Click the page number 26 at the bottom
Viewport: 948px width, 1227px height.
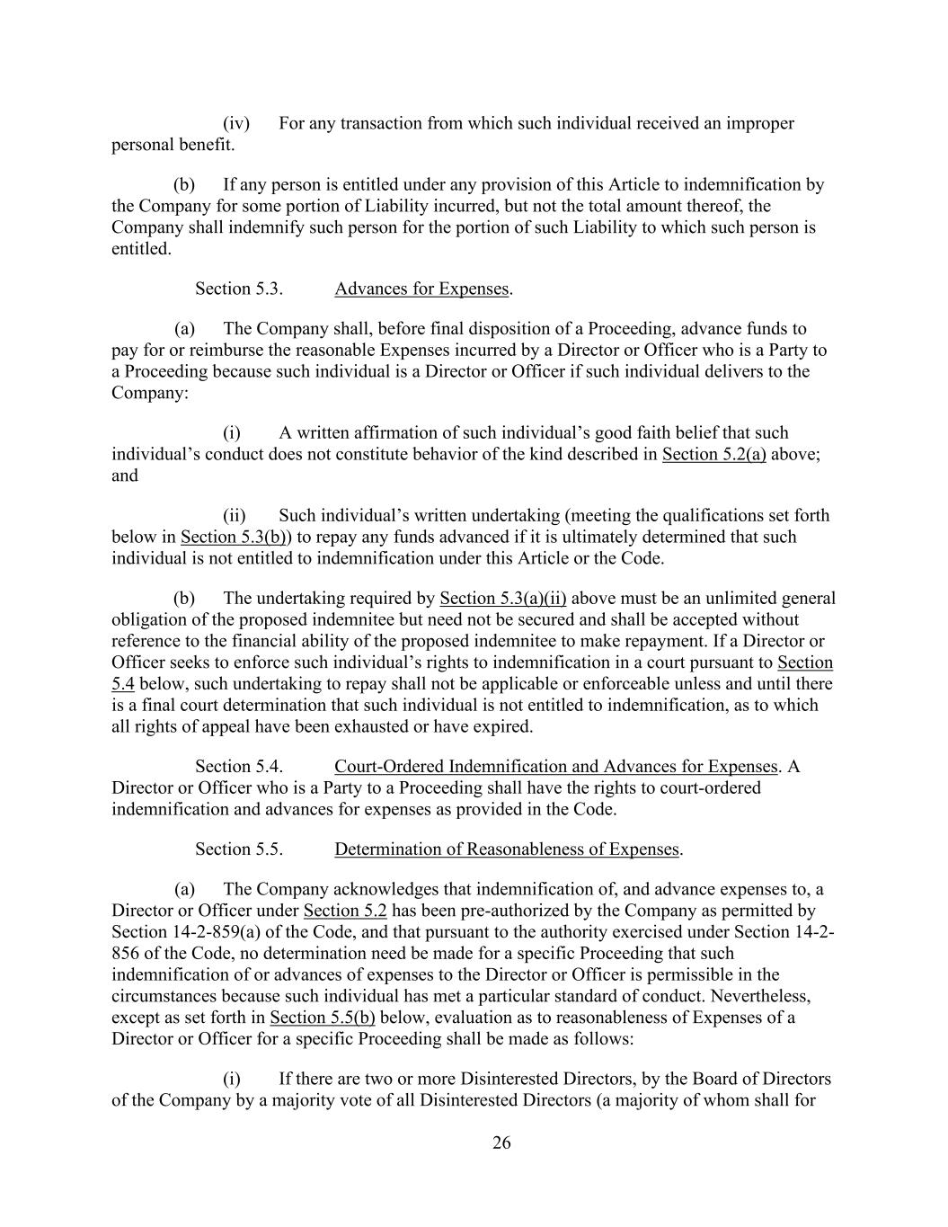pos(501,1143)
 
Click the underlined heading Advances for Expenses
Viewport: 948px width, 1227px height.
pos(421,289)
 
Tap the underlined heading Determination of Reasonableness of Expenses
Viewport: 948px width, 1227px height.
pos(507,849)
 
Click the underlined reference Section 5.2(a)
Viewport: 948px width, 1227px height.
pos(713,454)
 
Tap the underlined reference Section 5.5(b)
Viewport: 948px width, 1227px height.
pos(322,1018)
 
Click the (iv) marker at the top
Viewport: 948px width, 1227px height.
pos(235,123)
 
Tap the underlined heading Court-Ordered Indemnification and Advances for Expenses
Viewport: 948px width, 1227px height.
pos(555,767)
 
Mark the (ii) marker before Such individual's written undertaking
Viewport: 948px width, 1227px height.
pos(235,516)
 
